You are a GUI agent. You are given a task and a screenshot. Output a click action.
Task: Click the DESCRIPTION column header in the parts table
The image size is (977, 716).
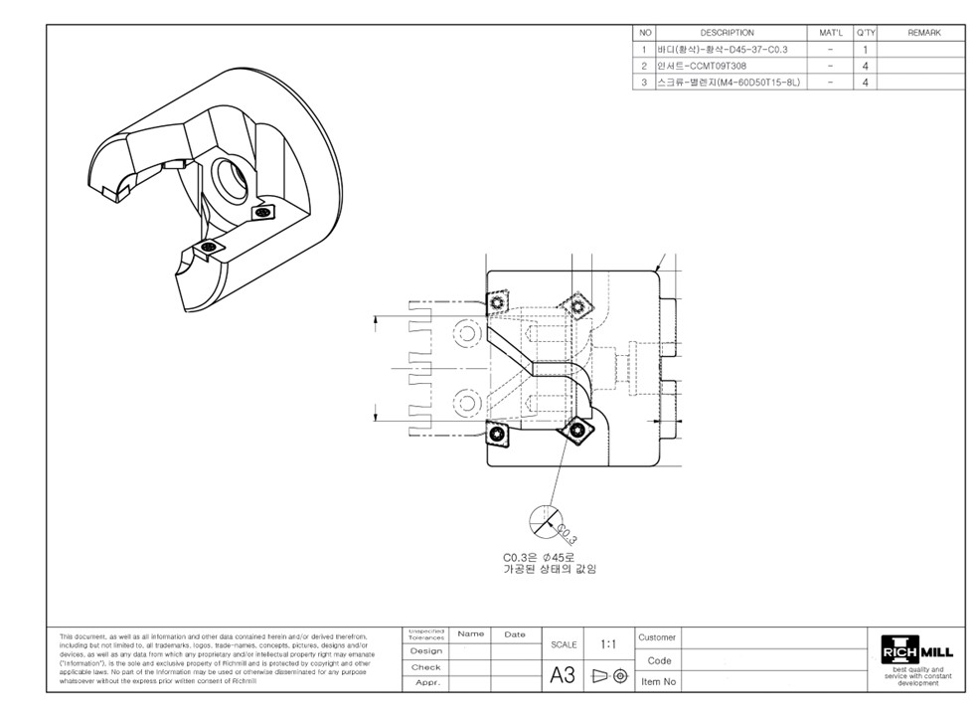click(727, 33)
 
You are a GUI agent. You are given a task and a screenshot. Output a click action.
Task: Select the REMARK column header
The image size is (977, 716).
click(923, 33)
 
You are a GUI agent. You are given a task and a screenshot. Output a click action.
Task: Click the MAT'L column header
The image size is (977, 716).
click(830, 33)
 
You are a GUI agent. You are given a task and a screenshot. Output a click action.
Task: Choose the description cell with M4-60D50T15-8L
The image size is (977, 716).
click(728, 83)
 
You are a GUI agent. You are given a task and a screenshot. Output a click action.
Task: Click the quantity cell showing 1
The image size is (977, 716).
click(866, 50)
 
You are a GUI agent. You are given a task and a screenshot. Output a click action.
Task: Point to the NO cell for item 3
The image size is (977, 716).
click(644, 83)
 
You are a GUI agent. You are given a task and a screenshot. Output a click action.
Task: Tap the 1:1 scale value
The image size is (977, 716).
click(608, 644)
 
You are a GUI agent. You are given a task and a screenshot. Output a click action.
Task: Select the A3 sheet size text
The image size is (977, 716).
click(563, 676)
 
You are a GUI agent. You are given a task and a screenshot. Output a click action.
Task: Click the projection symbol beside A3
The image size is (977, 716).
click(610, 676)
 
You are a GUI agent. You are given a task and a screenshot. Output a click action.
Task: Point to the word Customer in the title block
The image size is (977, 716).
click(657, 637)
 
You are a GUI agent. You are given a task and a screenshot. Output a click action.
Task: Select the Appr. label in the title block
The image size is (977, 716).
click(425, 683)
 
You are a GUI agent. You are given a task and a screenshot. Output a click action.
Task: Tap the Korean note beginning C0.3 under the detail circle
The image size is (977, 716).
click(550, 563)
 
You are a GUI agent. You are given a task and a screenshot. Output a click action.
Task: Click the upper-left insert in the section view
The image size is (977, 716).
click(497, 301)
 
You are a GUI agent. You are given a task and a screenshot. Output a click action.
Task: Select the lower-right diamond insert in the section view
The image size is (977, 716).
click(576, 431)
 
